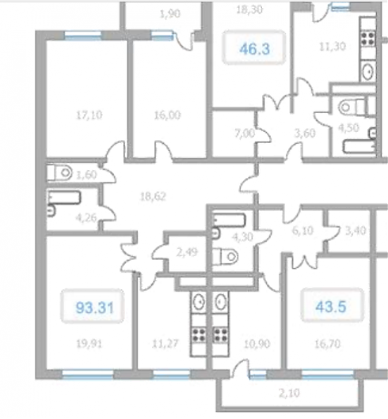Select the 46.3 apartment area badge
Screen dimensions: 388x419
coord(254,48)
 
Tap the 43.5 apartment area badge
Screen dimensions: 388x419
coord(332,305)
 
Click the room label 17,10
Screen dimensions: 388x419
coord(89,115)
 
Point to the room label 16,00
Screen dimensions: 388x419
coord(168,115)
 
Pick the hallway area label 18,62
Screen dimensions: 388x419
coord(153,197)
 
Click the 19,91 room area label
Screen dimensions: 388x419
coord(89,344)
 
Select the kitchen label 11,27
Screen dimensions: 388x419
coord(165,344)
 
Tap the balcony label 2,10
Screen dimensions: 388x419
coord(289,393)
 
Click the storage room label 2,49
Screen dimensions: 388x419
coord(187,251)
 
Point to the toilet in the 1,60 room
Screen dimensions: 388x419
coord(59,172)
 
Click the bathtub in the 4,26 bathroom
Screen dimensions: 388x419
coord(64,198)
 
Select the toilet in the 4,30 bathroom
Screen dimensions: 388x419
coord(225,256)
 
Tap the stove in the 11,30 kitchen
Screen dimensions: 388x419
coord(368,39)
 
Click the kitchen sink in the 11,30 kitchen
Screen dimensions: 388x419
coord(368,71)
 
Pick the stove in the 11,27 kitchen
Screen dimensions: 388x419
coord(199,335)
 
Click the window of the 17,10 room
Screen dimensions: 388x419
coord(83,35)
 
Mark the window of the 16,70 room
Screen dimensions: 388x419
coord(328,374)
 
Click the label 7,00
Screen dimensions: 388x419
coord(245,133)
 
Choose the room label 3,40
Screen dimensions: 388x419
coord(356,230)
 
